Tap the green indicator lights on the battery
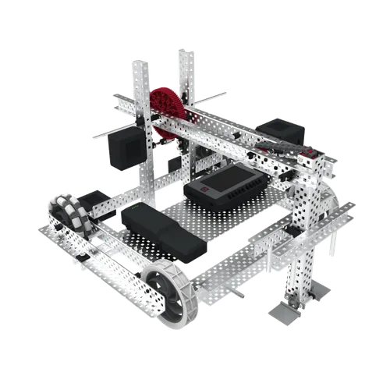(133, 209)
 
